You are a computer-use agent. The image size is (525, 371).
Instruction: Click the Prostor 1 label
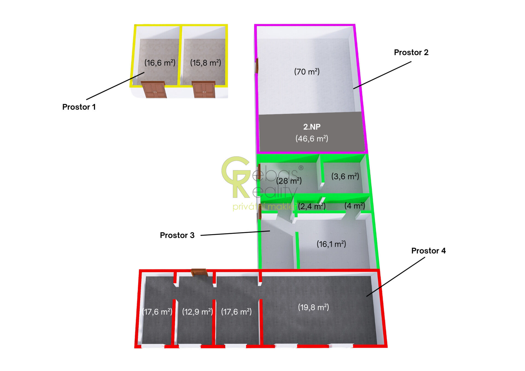79,107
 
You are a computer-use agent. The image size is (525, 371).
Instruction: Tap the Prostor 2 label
411,52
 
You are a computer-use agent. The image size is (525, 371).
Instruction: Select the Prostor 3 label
177,235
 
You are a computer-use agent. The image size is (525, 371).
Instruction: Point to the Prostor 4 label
428,251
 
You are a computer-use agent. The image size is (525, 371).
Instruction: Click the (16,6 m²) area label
160,63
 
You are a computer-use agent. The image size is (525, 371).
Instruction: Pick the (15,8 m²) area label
205,63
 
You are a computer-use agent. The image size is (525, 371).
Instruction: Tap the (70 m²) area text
307,72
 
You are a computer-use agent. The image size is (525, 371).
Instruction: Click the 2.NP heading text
312,127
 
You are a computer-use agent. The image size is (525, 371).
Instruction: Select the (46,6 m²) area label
312,139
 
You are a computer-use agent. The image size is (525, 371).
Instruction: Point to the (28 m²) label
289,181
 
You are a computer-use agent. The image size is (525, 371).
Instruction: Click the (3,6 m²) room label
345,176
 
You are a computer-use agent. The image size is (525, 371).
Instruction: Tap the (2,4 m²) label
312,206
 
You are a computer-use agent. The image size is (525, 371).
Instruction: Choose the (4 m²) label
355,206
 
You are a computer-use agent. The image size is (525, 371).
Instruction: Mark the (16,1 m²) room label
331,244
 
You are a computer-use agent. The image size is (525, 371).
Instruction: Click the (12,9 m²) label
197,312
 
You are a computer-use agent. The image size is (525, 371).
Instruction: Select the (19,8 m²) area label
313,307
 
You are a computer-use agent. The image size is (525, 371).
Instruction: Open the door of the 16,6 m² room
154,89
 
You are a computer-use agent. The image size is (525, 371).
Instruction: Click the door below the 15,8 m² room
204,89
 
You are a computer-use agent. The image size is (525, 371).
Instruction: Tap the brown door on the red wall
199,272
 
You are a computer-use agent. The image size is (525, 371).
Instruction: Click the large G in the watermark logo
235,171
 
